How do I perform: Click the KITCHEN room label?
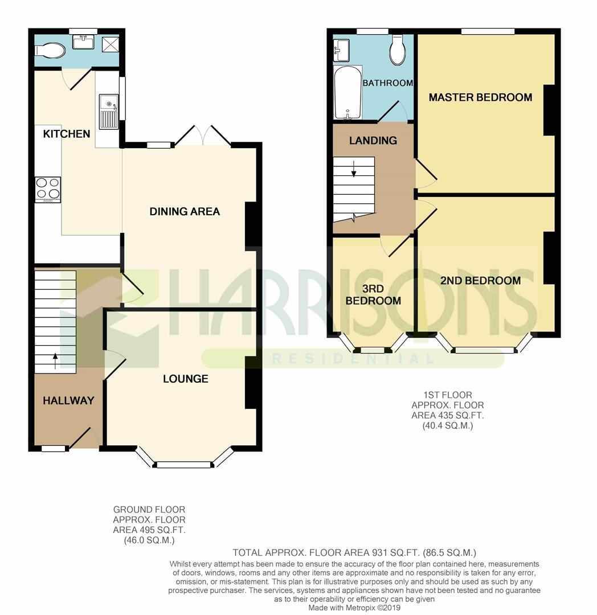(66, 134)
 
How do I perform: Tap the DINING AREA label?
(185, 211)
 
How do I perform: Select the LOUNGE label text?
(186, 379)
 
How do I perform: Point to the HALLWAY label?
(68, 400)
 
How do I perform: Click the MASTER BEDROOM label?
(480, 97)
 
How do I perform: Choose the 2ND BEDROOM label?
(480, 280)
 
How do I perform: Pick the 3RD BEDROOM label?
(373, 294)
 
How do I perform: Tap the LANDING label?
(373, 141)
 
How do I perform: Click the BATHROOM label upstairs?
(387, 83)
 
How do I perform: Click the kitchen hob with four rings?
(48, 190)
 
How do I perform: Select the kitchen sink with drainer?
(109, 112)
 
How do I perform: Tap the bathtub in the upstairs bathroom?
(347, 92)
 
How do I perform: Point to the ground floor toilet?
(50, 51)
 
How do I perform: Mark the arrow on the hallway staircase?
(55, 361)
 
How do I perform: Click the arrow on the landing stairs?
(354, 169)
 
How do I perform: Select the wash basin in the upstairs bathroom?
(341, 50)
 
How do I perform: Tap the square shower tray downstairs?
(110, 44)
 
